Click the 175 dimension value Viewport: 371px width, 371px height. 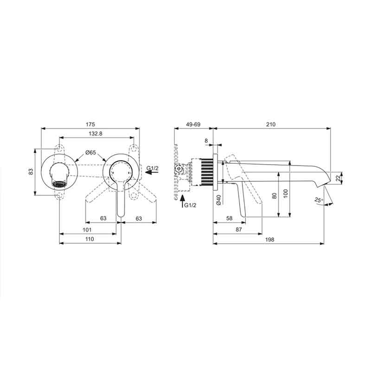90,124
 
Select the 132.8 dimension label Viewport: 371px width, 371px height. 96,134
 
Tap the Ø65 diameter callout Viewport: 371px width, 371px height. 91,153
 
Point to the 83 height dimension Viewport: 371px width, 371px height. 31,171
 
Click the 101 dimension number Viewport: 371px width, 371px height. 87,230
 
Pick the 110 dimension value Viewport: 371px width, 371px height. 90,239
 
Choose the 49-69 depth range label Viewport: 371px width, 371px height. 193,124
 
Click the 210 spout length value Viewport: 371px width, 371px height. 271,124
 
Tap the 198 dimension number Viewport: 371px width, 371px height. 269,240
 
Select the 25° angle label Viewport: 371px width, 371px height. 319,200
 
